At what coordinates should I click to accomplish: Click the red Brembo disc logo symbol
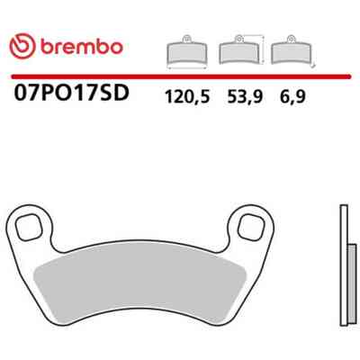pyautogui.click(x=22, y=47)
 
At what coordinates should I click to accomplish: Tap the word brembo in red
pyautogui.click(x=82, y=47)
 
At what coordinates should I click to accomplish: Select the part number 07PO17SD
pyautogui.click(x=72, y=92)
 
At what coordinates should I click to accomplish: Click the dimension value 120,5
pyautogui.click(x=187, y=97)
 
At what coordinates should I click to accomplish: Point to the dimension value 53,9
pyautogui.click(x=245, y=97)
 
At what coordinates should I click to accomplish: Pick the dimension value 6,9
pyautogui.click(x=292, y=97)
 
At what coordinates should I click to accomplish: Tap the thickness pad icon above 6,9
pyautogui.click(x=291, y=49)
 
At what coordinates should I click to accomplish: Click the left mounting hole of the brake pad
pyautogui.click(x=29, y=228)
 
